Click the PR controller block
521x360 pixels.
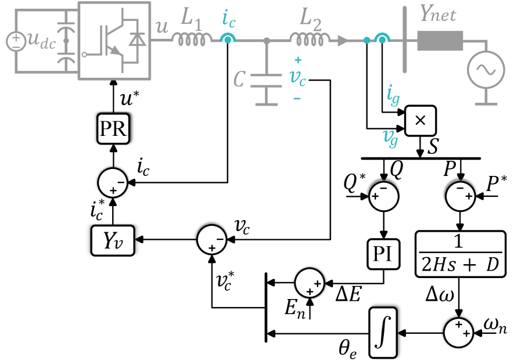tap(113, 129)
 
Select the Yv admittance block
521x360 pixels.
tap(113, 240)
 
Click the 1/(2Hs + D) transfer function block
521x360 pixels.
tap(459, 254)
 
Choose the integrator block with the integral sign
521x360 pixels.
tap(383, 332)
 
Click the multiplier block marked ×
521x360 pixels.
tap(421, 121)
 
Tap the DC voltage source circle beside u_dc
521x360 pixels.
tap(16, 41)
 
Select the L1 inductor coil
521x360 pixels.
tap(192, 39)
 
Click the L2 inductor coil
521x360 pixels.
tap(310, 39)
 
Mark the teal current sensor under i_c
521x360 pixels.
tap(228, 39)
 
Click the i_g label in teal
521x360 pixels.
tap(393, 95)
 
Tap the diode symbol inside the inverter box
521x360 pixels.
tap(138, 39)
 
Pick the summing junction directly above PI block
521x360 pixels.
tap(383, 196)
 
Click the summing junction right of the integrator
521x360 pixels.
tap(459, 332)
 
